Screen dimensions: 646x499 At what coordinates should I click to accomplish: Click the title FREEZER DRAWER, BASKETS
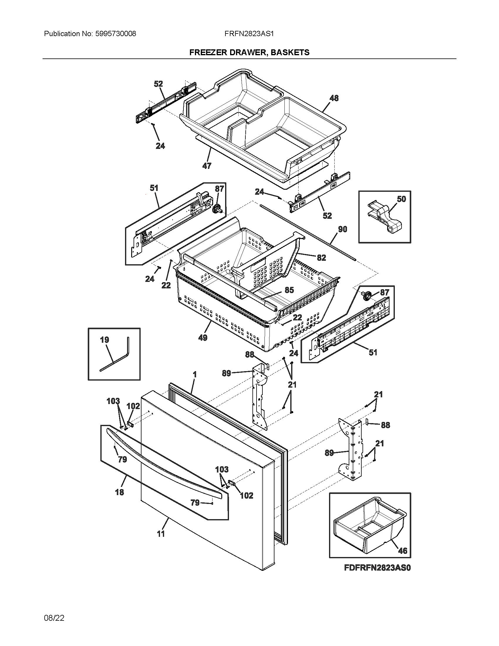(x=249, y=52)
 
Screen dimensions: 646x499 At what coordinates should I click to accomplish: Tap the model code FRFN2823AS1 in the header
(x=249, y=34)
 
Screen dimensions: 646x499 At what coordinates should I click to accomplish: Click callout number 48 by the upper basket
(x=334, y=98)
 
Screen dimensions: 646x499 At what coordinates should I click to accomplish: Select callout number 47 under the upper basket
(x=207, y=166)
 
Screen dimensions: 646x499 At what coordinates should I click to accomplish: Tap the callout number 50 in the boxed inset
(x=401, y=199)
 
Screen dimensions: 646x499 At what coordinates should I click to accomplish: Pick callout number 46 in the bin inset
(x=402, y=551)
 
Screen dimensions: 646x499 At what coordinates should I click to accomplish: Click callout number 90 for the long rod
(x=342, y=229)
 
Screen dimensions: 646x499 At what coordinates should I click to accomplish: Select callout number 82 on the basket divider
(x=321, y=258)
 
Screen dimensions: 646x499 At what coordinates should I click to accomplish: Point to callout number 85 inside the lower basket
(x=289, y=290)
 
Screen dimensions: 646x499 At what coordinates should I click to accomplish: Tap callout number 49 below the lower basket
(x=203, y=337)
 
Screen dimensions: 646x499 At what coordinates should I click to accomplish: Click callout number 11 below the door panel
(x=161, y=534)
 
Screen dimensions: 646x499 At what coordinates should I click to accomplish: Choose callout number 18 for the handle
(x=119, y=492)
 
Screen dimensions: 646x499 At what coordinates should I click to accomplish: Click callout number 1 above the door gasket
(x=195, y=374)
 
